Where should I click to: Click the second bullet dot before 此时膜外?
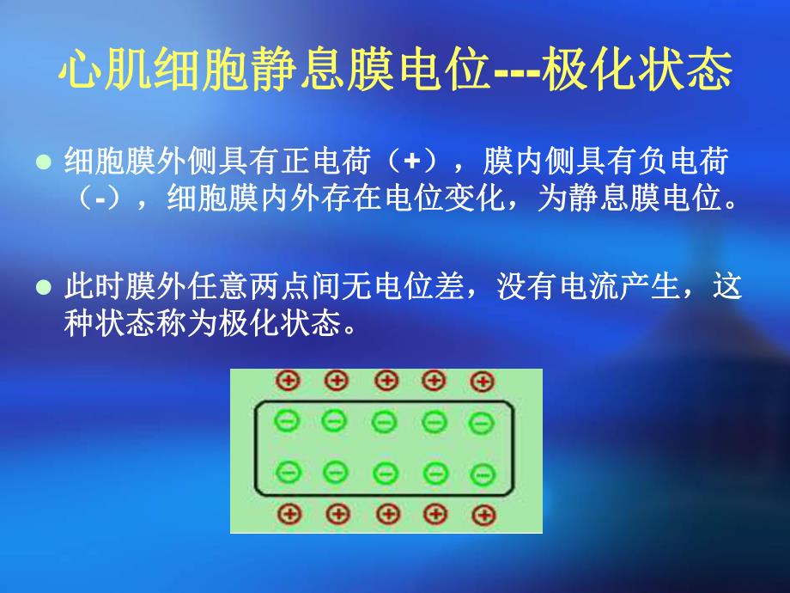point(46,288)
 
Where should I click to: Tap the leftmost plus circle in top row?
point(286,380)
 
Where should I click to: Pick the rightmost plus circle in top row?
point(483,381)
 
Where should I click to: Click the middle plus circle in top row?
point(386,380)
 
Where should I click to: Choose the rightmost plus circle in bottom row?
point(485,515)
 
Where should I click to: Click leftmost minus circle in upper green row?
point(286,420)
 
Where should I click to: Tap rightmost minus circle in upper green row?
point(481,422)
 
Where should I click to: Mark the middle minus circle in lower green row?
point(386,472)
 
